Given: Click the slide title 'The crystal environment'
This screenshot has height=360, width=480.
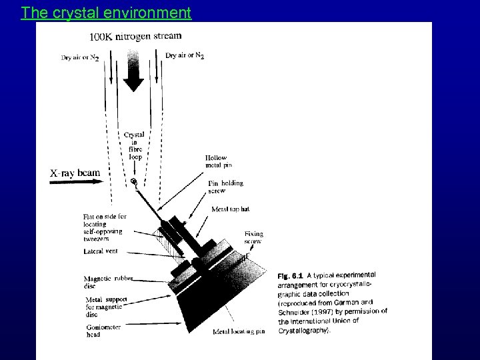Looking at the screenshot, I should point(106,12).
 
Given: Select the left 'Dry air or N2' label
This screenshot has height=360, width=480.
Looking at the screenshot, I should point(80,58).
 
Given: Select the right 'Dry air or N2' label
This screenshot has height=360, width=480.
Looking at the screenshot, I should point(185,55).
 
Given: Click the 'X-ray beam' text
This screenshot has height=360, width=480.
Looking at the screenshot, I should point(75,173).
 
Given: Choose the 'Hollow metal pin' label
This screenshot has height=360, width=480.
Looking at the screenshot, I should point(219,162).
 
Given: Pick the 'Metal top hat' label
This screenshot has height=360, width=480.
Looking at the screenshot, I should point(230,209).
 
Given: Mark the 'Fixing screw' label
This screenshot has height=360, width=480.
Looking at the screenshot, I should point(254,238).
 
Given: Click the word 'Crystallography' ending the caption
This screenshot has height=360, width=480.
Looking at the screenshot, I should point(303,329).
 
